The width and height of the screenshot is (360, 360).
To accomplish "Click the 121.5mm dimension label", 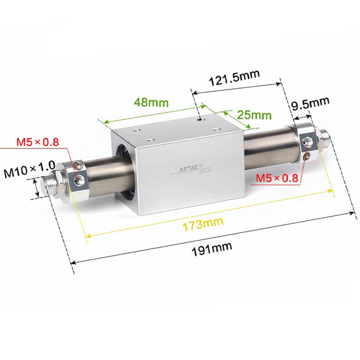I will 235,80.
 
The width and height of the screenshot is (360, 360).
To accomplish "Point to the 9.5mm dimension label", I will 311,102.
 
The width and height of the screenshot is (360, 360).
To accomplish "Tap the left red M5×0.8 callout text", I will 37,142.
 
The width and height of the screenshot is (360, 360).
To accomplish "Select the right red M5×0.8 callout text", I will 277,178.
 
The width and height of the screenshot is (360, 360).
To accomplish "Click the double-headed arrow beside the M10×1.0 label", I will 37,188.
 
